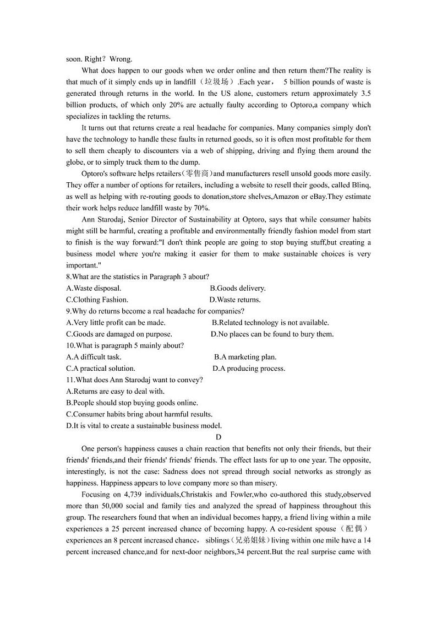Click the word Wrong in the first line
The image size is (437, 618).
(x=121, y=59)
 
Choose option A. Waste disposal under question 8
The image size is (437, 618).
(x=94, y=288)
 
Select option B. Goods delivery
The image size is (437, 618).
(x=238, y=288)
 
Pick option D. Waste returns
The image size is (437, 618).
(x=235, y=300)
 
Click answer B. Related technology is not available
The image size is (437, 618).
(x=270, y=323)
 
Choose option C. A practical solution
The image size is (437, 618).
(x=100, y=368)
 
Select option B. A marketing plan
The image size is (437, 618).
(x=245, y=357)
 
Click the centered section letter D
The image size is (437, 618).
(x=218, y=437)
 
